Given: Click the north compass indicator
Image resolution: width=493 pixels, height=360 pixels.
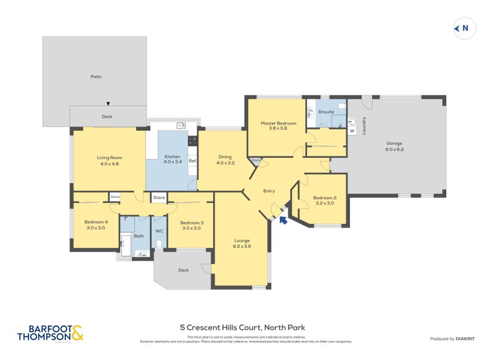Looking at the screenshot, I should (x=462, y=28).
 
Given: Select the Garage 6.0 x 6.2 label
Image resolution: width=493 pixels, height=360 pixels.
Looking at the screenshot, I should (x=394, y=145).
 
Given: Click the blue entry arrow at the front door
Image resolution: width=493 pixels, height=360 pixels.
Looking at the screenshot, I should (x=283, y=219).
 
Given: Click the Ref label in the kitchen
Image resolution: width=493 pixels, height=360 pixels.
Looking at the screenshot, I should (x=192, y=161).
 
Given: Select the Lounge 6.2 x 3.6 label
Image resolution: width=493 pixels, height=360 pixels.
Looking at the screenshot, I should (x=241, y=243).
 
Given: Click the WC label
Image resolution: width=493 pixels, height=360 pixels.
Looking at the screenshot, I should (x=159, y=231).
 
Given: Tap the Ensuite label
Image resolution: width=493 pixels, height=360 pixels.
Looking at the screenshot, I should (x=326, y=112).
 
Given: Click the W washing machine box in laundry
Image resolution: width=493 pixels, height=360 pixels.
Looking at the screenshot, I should (x=352, y=131).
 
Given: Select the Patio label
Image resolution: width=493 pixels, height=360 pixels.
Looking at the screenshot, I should (x=95, y=76).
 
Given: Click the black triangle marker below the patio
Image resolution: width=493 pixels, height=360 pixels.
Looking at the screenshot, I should (x=108, y=103).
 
